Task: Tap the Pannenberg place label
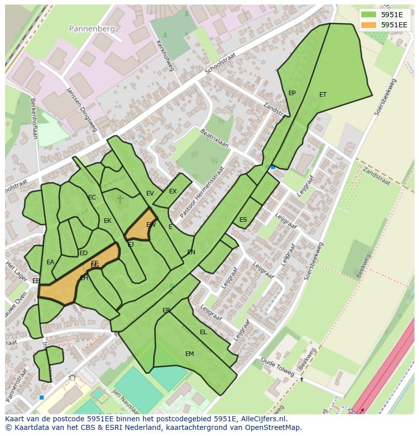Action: coord(93,29)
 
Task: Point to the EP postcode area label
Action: coord(292,93)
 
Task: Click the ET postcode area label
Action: coord(323,95)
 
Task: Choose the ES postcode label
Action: coord(243,220)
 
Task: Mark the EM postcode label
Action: coord(189,354)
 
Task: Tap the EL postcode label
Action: coord(203,332)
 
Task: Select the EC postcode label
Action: coord(92,197)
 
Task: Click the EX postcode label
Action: coord(173,191)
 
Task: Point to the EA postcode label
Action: coord(50,262)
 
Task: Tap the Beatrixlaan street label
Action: coord(214,138)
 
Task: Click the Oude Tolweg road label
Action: coord(278,367)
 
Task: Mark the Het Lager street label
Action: coord(16,271)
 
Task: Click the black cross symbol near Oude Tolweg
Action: coord(302,379)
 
